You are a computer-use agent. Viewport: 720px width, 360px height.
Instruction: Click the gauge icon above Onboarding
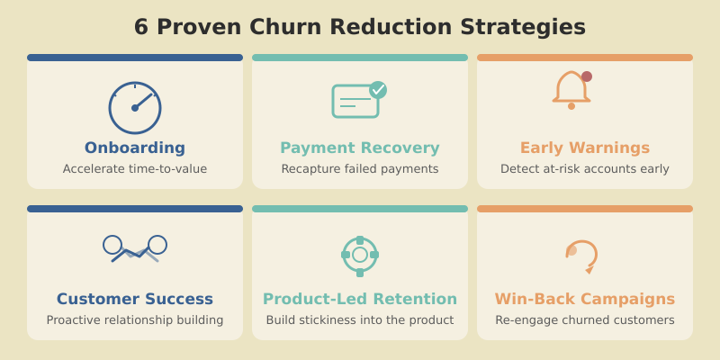coord(135,108)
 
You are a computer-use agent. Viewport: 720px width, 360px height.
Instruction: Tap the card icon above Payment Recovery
coord(355,101)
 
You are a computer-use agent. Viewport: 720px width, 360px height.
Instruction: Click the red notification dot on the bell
coord(587,76)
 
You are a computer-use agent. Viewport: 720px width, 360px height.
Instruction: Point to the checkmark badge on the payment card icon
coord(378,89)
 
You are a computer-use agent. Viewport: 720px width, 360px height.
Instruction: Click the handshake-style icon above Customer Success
coord(135,248)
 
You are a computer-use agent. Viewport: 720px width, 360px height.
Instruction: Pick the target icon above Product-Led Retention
coord(360,255)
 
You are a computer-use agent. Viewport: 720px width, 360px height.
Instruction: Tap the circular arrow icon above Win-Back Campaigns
coord(582,255)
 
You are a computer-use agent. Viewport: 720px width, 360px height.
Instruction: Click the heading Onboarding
coord(135,148)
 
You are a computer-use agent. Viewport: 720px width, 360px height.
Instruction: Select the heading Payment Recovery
coord(360,148)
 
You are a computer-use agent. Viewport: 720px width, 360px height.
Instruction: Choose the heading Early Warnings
coord(585,148)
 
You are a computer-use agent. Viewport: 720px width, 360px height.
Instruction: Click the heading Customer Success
coord(135,299)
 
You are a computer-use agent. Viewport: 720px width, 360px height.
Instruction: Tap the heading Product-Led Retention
coord(360,299)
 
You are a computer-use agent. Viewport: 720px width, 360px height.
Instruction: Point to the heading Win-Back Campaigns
coord(585,299)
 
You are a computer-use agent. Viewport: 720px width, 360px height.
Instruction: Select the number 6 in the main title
coord(141,27)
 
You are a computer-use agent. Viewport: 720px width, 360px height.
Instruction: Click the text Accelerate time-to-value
coord(135,168)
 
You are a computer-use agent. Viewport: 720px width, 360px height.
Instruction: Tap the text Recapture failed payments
coord(360,168)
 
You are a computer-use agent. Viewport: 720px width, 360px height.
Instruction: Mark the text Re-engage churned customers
coord(585,319)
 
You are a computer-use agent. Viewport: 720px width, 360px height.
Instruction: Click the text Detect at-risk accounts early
coord(585,168)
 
